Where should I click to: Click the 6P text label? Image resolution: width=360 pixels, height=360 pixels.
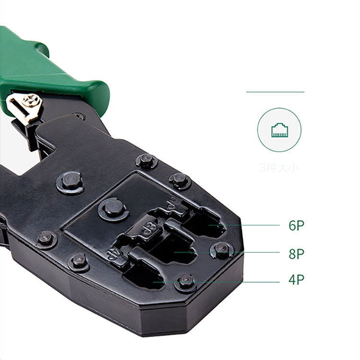(296, 225)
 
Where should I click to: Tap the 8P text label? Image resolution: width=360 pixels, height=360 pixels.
(296, 253)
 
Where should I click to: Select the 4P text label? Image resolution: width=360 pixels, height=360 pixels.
(296, 280)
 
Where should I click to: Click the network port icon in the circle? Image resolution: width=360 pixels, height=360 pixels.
(279, 130)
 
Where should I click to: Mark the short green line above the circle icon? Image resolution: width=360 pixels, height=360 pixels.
(275, 92)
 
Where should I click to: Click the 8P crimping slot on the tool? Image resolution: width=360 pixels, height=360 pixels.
(173, 250)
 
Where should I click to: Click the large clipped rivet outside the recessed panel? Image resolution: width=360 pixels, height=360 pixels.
(70, 182)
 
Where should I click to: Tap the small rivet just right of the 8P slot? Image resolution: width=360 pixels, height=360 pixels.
(221, 249)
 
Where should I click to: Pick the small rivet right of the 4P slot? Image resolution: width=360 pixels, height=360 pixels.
(186, 281)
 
